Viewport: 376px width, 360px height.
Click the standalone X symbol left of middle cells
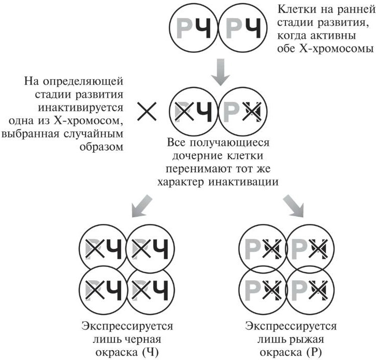click(149, 111)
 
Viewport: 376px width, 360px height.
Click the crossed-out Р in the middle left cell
click(184, 111)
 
